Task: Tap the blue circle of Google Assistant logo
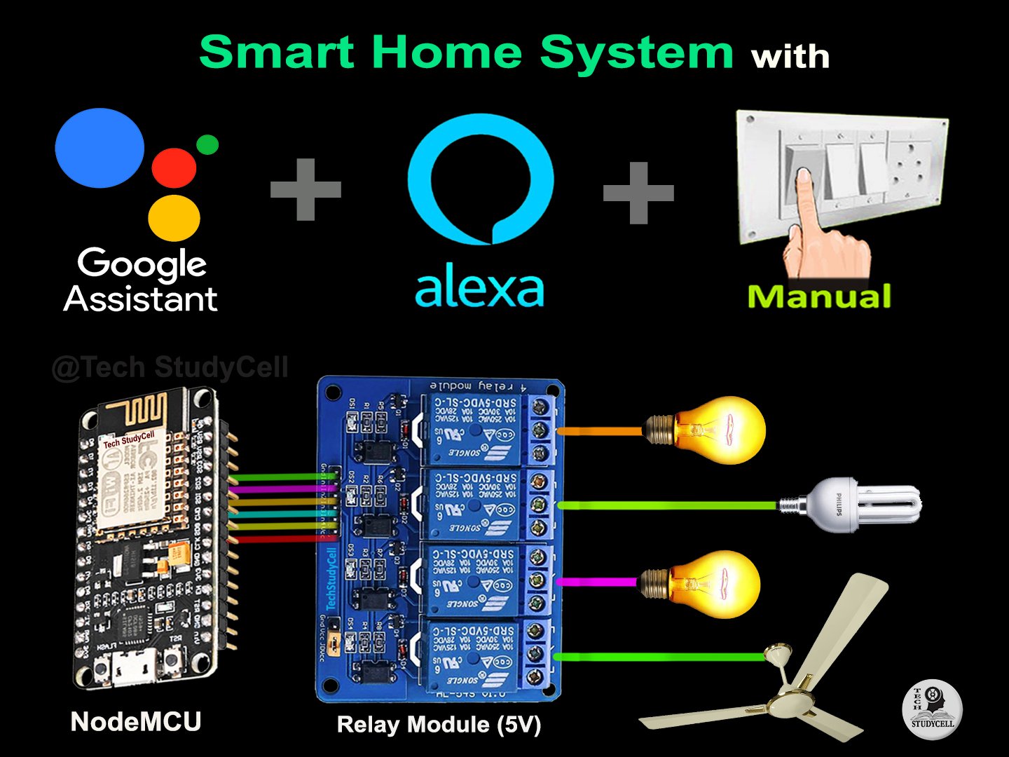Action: [99, 148]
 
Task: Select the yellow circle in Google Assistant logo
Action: [174, 218]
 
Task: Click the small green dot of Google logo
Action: [207, 144]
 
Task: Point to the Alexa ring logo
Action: [481, 179]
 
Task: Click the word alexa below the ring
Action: [479, 289]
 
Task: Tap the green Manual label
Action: [819, 296]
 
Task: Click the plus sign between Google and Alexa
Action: [306, 189]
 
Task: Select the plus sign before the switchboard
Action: [638, 193]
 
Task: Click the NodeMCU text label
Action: [136, 721]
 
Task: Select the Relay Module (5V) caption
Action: [439, 724]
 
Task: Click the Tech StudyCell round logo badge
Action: [932, 710]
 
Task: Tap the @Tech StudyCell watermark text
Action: [170, 367]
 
